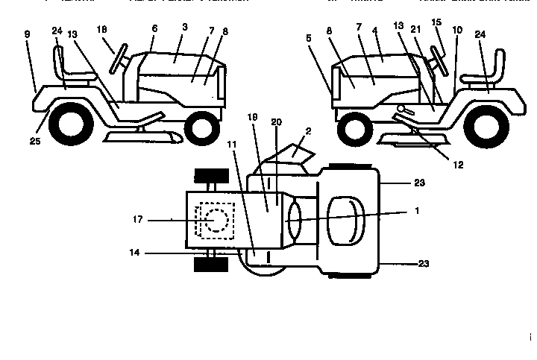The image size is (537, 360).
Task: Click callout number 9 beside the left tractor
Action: pyautogui.click(x=27, y=34)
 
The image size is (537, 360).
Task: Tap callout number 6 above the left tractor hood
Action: pyautogui.click(x=154, y=28)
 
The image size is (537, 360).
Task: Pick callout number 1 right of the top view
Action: pyautogui.click(x=416, y=211)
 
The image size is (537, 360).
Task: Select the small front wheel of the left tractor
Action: pyautogui.click(x=201, y=128)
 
